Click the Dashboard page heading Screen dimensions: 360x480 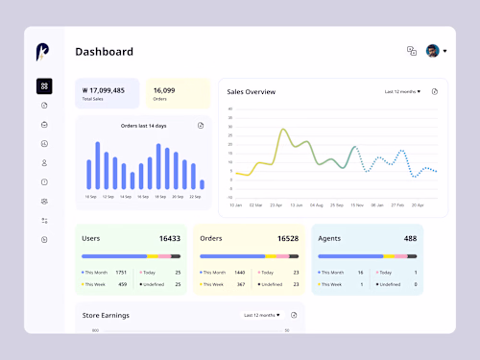104,52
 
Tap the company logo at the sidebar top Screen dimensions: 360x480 44,52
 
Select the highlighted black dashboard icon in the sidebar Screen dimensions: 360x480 44,86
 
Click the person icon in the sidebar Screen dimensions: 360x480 44,162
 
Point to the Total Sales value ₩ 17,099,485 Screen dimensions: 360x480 105,89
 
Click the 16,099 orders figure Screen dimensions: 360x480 164,89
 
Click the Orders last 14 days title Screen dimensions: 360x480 143,126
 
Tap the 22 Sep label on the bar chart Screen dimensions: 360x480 195,196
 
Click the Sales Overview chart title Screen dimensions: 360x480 252,92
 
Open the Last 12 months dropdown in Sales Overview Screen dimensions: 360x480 402,92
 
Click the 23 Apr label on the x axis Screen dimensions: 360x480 276,204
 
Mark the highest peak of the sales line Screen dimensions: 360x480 283,129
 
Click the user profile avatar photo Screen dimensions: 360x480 432,51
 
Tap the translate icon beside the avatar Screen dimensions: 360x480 412,51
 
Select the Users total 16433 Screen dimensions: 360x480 169,238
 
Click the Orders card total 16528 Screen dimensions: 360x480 288,238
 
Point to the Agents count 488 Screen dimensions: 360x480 410,238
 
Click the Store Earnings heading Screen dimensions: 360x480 108,315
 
